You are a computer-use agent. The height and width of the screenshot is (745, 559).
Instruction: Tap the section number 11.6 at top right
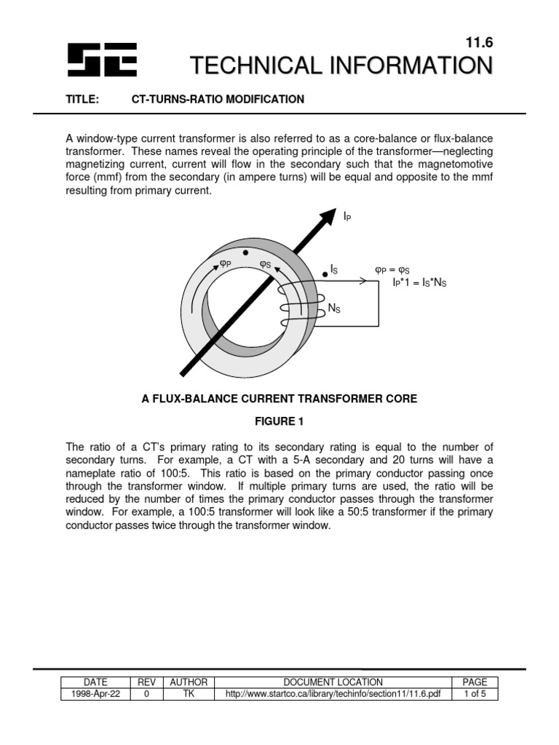[x=478, y=44]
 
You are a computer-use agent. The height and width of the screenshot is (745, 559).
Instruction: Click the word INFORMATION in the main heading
[x=408, y=66]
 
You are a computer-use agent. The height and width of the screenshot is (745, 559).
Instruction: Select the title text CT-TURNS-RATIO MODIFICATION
[x=218, y=99]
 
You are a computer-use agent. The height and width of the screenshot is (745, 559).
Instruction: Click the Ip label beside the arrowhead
[x=348, y=217]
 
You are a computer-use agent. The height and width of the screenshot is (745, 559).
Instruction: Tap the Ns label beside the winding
[x=335, y=308]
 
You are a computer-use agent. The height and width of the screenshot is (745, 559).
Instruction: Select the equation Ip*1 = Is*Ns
[x=419, y=282]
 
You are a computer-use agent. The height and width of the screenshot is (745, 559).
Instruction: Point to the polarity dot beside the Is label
[x=325, y=275]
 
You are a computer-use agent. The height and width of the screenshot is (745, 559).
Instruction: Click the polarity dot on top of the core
[x=247, y=254]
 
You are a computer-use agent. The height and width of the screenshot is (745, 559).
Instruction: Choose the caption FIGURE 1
[x=279, y=422]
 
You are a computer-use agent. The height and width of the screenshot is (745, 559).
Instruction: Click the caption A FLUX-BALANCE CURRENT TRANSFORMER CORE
[x=279, y=399]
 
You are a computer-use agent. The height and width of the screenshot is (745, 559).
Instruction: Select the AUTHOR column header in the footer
[x=189, y=682]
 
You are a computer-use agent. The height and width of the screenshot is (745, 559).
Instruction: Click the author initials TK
[x=189, y=694]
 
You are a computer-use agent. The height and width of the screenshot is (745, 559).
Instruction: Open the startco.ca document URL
[x=333, y=694]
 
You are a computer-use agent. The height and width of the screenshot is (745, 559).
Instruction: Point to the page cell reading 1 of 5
[x=475, y=694]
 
